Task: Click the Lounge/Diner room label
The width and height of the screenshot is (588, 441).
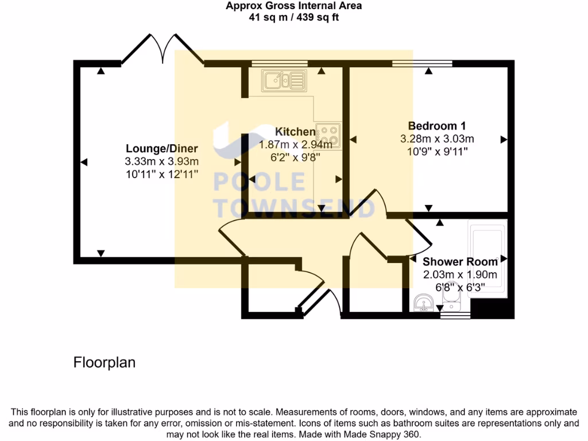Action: (x=161, y=149)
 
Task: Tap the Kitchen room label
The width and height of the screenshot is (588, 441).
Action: (x=295, y=131)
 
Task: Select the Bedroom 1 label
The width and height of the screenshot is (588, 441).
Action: (x=436, y=126)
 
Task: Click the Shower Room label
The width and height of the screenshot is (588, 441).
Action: (x=460, y=262)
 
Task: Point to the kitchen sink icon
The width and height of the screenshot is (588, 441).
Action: (x=284, y=80)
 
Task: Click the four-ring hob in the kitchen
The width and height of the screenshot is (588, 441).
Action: (x=328, y=136)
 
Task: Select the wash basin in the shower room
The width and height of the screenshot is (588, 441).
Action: (x=424, y=301)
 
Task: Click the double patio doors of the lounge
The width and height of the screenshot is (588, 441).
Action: (x=162, y=49)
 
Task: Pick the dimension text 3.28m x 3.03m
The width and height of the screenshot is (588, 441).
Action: (x=436, y=139)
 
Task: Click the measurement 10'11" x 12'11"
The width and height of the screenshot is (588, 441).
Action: (x=161, y=174)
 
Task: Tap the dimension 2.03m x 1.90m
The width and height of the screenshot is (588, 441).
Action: (x=460, y=274)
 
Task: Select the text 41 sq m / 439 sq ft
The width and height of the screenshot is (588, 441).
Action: (x=293, y=17)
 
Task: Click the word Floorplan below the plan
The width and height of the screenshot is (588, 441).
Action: (x=105, y=363)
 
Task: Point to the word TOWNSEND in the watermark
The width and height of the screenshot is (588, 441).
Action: (x=295, y=207)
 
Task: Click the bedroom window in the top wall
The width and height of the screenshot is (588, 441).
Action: (x=422, y=64)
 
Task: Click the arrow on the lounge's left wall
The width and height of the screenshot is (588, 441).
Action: (x=85, y=163)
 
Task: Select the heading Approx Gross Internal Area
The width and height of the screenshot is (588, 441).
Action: (x=293, y=6)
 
